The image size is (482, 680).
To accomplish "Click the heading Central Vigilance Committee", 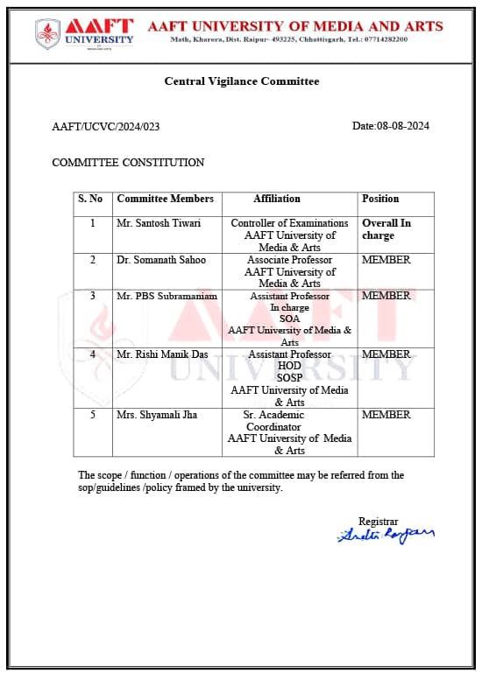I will tap(242, 81).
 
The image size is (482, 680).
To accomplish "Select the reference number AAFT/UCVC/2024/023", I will tap(106, 126).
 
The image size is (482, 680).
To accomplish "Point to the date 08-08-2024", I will tap(402, 126).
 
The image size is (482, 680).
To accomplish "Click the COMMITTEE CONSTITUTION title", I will tap(128, 162).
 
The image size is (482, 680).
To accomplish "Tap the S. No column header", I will tap(90, 199).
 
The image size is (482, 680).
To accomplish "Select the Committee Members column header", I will tap(165, 199).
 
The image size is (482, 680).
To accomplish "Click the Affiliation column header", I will tap(277, 199).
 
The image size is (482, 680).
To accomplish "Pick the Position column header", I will tap(380, 199).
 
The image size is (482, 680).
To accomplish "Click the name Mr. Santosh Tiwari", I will tap(159, 223).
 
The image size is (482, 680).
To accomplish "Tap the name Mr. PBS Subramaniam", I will tap(167, 296).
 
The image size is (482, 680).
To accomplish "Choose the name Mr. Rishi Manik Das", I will tap(164, 354).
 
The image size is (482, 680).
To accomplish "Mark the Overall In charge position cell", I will tap(386, 229).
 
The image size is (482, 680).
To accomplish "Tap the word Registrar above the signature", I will tap(378, 521).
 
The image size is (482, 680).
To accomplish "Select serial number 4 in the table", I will tap(93, 354).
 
